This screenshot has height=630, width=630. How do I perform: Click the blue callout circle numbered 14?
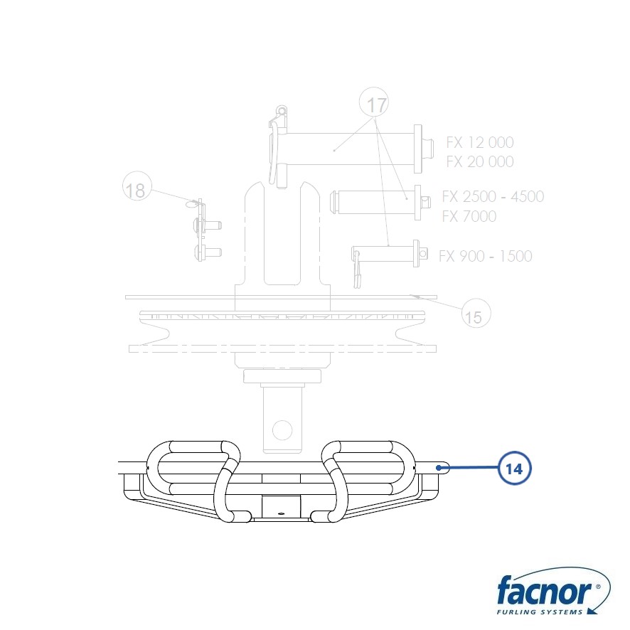point(514,468)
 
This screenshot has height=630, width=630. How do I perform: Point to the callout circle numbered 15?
point(476,314)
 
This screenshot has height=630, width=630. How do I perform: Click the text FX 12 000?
point(480,142)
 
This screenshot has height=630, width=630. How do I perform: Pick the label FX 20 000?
point(480,161)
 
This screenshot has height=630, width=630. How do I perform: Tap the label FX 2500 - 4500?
point(493,196)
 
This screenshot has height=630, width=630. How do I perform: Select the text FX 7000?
point(469,216)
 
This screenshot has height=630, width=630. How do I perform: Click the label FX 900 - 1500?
point(486,256)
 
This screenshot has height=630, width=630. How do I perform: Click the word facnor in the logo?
point(545,589)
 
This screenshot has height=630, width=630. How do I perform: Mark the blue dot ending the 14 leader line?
point(439,468)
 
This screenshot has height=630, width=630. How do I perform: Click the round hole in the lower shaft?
point(282,430)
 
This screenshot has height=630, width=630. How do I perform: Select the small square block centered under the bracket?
point(281,507)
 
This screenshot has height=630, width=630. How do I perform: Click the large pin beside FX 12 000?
point(351,149)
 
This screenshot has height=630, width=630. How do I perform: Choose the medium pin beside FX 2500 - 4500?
point(380,203)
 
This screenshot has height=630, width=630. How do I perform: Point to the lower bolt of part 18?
point(208,252)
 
